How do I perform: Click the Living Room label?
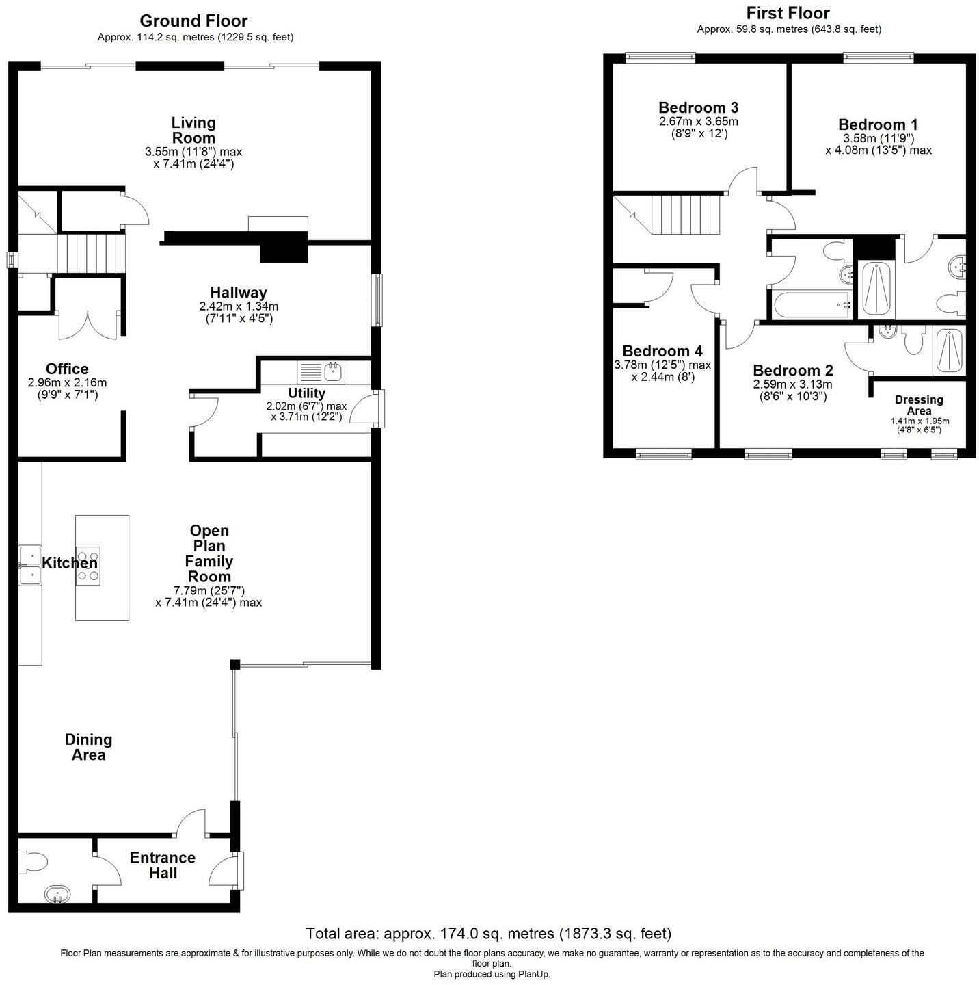click(193, 130)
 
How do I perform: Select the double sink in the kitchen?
click(30, 566)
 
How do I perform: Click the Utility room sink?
click(333, 373)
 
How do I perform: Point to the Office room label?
click(67, 369)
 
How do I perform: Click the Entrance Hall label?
click(163, 865)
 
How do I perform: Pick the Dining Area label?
click(88, 747)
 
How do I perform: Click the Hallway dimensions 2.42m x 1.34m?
click(239, 306)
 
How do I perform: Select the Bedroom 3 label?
click(698, 107)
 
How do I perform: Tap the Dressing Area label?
click(919, 405)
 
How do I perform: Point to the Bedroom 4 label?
click(662, 351)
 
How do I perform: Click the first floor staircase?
click(684, 213)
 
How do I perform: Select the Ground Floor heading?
click(193, 21)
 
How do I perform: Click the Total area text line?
click(488, 934)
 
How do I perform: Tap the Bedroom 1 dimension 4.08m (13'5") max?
click(878, 150)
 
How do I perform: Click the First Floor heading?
click(788, 13)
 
